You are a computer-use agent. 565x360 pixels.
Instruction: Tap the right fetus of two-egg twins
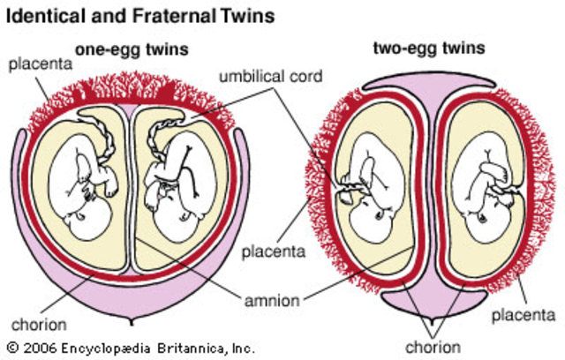(x=484, y=190)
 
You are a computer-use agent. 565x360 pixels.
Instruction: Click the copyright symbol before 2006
(x=11, y=348)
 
